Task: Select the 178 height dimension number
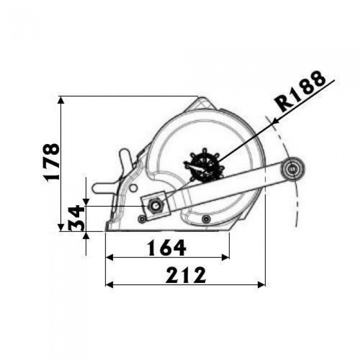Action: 51,163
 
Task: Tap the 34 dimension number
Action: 76,218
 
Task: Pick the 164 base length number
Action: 166,248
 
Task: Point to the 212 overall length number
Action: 186,275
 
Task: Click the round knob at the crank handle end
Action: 292,169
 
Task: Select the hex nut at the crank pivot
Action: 155,205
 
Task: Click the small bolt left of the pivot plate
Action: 142,219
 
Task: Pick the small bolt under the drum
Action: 206,219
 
